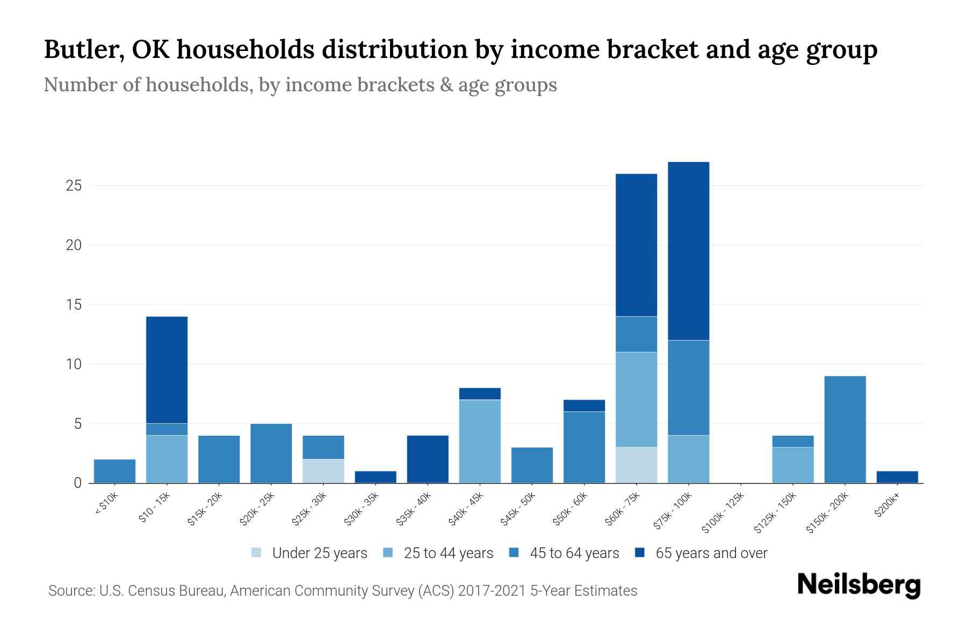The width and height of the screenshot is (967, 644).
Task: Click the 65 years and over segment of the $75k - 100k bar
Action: [688, 251]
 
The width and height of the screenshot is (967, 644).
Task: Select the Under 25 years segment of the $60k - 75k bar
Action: [636, 465]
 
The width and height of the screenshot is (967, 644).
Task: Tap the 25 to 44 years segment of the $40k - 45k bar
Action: [480, 441]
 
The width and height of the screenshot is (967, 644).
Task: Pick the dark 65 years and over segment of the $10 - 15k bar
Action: [167, 370]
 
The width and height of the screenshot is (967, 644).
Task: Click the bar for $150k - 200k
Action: [845, 429]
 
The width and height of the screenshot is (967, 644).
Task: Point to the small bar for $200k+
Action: [897, 477]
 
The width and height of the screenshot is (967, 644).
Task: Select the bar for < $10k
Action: [114, 471]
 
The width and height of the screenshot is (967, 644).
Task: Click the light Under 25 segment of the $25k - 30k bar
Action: [323, 471]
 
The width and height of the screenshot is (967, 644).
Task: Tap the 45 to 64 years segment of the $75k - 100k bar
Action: [688, 387]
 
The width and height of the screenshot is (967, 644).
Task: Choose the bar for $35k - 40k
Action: [428, 459]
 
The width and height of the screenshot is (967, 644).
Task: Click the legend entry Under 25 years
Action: [319, 553]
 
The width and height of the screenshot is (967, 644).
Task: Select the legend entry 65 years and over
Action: [711, 553]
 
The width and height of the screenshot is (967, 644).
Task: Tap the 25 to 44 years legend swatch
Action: [388, 553]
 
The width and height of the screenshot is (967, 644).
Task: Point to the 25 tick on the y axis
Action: [74, 186]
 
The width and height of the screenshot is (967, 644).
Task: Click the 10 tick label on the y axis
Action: [74, 364]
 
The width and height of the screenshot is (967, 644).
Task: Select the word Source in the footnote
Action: [70, 591]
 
